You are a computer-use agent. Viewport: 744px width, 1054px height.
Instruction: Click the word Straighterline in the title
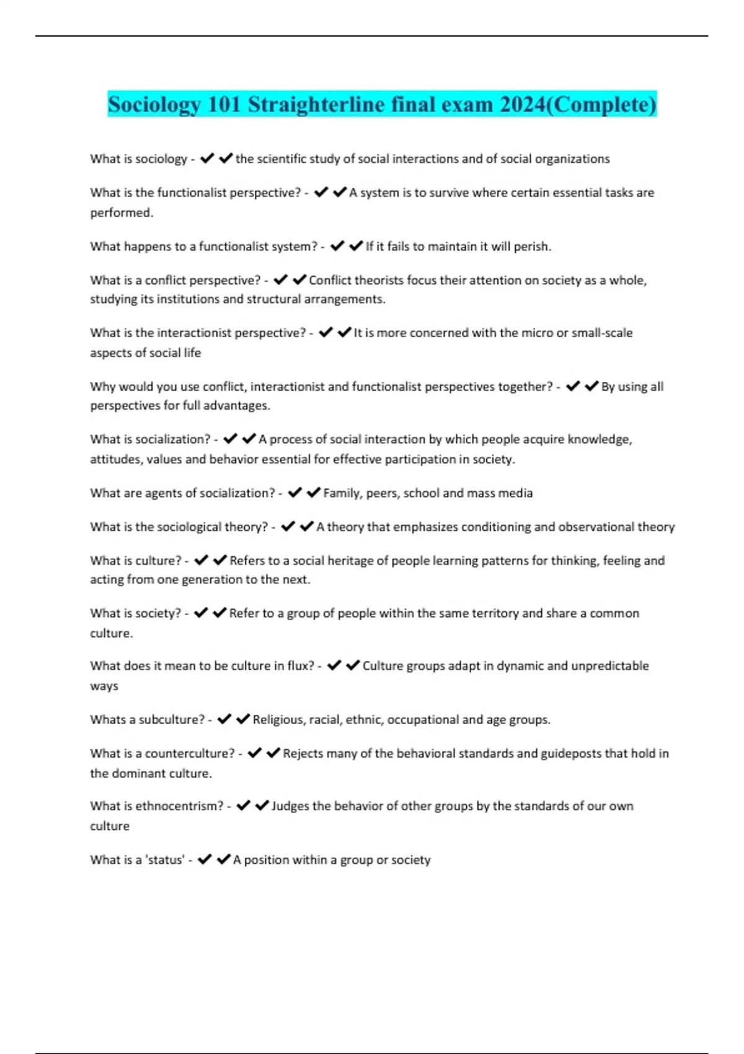pyautogui.click(x=316, y=104)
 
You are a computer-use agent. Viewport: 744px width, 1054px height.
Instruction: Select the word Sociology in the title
pyautogui.click(x=154, y=104)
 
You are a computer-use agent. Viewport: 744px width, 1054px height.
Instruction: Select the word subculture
pyautogui.click(x=171, y=720)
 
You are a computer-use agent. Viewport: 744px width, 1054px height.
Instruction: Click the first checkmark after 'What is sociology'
pyautogui.click(x=207, y=159)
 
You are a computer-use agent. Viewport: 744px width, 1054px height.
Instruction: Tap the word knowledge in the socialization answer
pyautogui.click(x=600, y=440)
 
